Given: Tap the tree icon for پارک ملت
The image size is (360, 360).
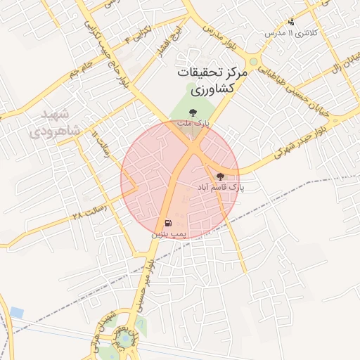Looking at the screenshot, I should [193, 110].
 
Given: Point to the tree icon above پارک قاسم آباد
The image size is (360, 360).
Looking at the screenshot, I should [220, 176].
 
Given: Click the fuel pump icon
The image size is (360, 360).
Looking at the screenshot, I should [169, 224].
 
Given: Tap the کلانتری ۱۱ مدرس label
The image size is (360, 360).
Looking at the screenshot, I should [291, 33].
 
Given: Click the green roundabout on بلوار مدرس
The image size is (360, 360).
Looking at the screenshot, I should [252, 61].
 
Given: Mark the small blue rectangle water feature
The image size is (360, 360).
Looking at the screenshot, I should [16, 311].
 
